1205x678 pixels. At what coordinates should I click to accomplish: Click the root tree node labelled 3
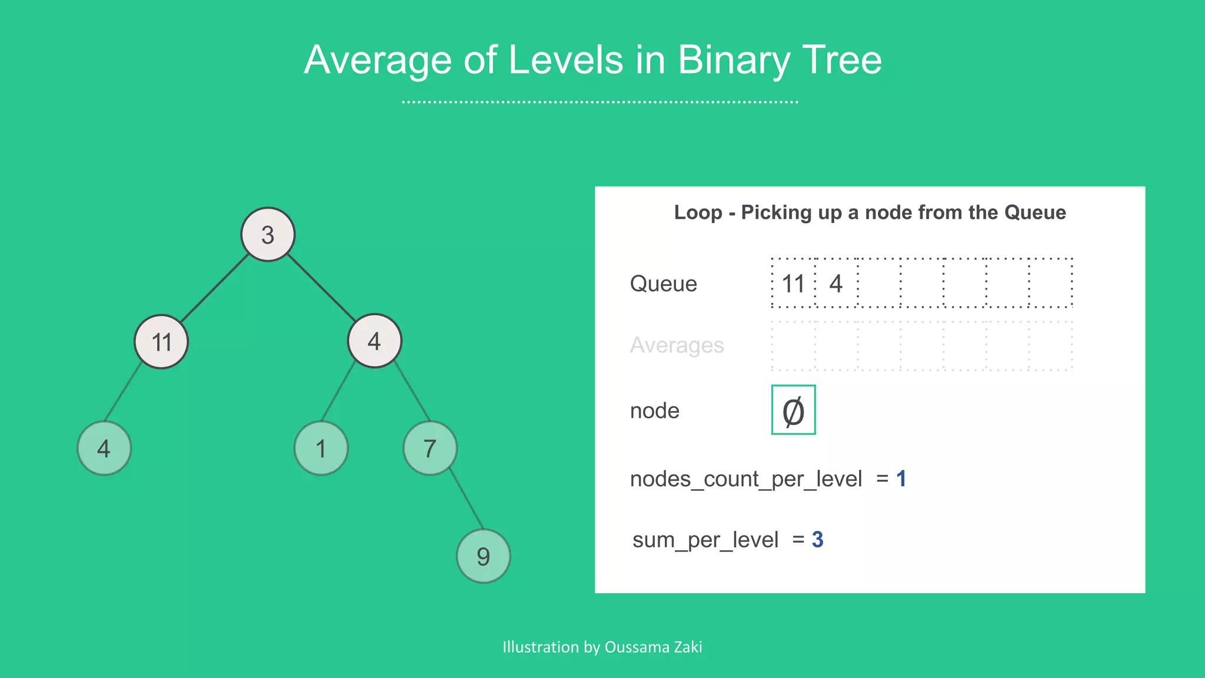(268, 234)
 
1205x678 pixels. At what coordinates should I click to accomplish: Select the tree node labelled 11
(161, 341)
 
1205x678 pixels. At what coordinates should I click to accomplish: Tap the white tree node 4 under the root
(374, 341)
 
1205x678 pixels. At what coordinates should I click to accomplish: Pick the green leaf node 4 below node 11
(104, 448)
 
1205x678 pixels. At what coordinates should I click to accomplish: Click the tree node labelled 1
(321, 448)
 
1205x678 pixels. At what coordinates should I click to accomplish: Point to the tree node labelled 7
(430, 448)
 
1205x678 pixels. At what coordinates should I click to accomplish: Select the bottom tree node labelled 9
(483, 556)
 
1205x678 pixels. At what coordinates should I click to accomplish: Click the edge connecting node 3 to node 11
(215, 288)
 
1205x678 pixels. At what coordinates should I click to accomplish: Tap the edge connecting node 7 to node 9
(467, 500)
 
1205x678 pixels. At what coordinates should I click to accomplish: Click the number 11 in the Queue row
(793, 284)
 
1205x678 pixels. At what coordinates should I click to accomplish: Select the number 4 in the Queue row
(836, 284)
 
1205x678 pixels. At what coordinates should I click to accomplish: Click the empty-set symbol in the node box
(793, 410)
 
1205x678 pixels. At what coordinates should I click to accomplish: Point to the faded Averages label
(677, 345)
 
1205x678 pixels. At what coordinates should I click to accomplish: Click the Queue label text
(663, 284)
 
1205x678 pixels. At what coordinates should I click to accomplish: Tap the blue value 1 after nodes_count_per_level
(901, 478)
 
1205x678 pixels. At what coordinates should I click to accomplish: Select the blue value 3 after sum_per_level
(817, 539)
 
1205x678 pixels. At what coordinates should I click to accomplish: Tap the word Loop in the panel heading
(698, 212)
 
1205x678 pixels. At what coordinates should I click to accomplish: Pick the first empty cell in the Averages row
(793, 346)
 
